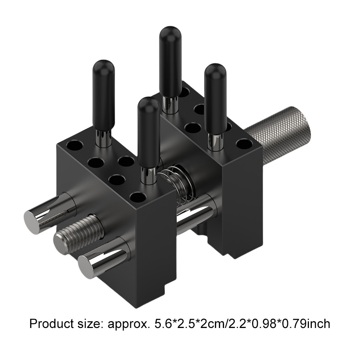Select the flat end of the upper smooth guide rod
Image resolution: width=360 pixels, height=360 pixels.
[32, 222]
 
